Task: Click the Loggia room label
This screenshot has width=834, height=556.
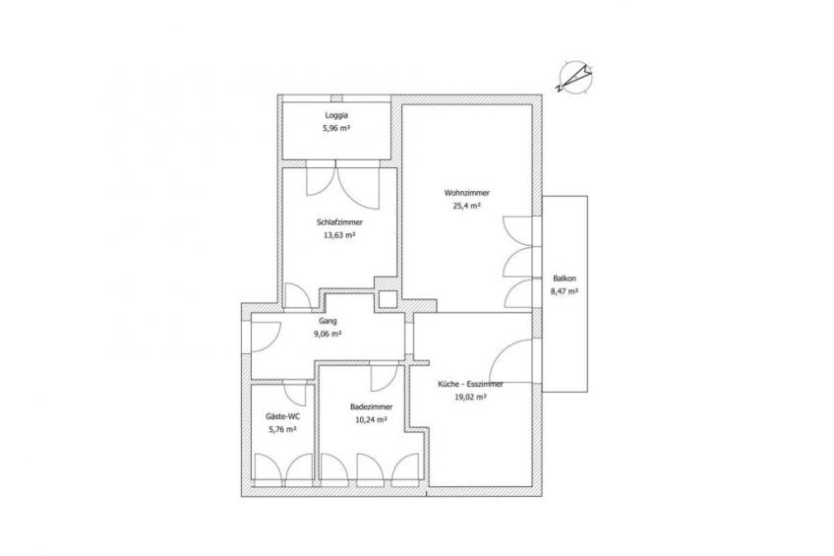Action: tap(336, 115)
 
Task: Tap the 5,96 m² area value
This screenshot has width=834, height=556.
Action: tap(336, 128)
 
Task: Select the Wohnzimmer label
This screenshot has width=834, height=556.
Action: tap(467, 193)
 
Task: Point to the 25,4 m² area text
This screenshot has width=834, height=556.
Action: tap(467, 206)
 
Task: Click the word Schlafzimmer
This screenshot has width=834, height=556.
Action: tap(339, 222)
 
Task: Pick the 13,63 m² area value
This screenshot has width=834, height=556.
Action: tap(339, 235)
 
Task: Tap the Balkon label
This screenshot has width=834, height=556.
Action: tap(565, 278)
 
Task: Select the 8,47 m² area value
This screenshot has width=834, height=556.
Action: tap(565, 291)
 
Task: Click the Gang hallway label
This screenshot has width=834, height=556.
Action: tap(328, 322)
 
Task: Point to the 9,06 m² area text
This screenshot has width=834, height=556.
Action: tap(328, 335)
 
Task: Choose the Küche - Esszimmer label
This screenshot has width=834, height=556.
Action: tap(471, 384)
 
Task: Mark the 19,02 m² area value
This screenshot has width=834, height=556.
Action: tap(471, 397)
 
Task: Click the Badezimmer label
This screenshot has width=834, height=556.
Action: tap(371, 407)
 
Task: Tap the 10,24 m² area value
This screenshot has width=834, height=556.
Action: tap(371, 420)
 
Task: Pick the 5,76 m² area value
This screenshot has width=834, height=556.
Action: tap(282, 429)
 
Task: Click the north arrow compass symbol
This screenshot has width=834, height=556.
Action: tap(574, 77)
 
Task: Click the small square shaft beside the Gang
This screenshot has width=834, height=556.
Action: tap(387, 299)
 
